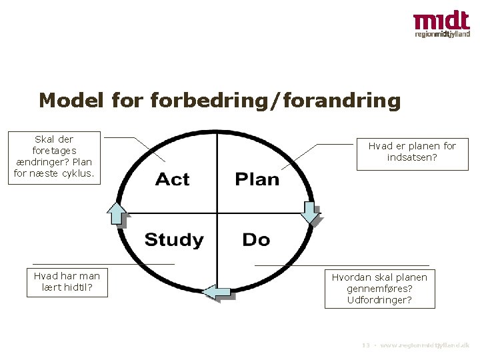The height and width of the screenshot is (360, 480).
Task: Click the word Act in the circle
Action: coord(172,179)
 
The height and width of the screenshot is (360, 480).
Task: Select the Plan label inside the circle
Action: coord(257,179)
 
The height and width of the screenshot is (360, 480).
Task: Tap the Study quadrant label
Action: coord(174,240)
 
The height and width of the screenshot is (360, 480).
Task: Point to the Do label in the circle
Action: coord(256,239)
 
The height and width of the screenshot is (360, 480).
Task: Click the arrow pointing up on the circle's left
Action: coord(117,213)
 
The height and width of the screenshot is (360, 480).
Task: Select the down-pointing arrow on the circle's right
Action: coord(311,211)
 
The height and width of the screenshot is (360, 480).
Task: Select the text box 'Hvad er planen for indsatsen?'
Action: coord(412,152)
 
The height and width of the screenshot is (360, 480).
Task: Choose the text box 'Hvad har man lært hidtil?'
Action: coord(67,282)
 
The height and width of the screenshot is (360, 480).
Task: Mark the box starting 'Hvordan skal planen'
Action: coord(379,288)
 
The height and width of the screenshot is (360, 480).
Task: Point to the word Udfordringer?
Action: coord(379,300)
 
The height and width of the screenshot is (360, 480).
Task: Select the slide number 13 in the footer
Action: coord(365,346)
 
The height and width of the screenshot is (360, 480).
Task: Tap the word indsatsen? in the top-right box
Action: coord(412,158)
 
